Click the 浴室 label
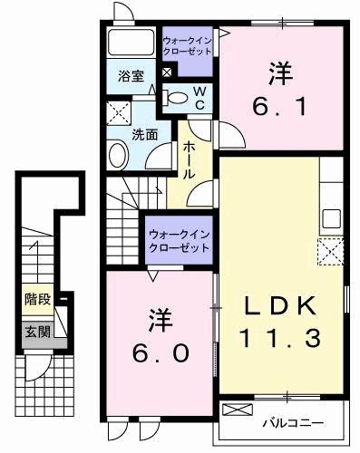coord(131,76)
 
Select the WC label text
coord(199,98)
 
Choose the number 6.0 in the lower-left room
coord(159,352)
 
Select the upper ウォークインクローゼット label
coord(188,46)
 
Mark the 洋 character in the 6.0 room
coord(160,319)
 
